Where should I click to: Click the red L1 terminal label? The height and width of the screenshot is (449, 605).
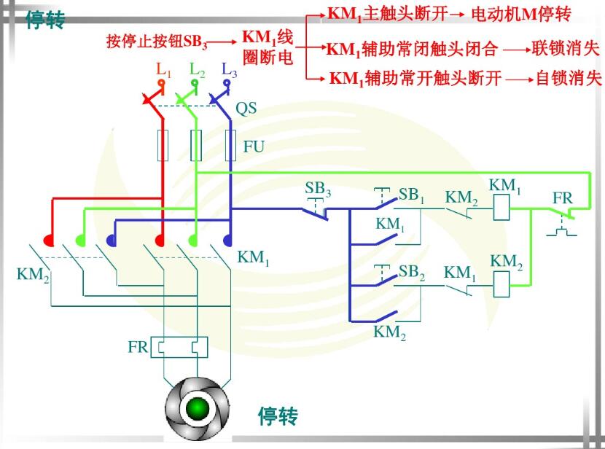pyautogui.click(x=163, y=70)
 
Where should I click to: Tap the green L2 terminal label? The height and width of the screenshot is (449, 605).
pyautogui.click(x=197, y=70)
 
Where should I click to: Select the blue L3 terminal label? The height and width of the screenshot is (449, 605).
pyautogui.click(x=229, y=70)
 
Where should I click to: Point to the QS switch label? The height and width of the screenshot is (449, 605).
pyautogui.click(x=246, y=109)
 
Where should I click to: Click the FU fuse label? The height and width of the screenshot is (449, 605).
pyautogui.click(x=254, y=147)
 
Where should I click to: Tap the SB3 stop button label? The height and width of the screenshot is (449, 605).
pyautogui.click(x=318, y=189)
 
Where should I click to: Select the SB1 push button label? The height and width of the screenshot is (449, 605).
pyautogui.click(x=412, y=195)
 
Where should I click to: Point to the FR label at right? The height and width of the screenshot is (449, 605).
pyautogui.click(x=562, y=198)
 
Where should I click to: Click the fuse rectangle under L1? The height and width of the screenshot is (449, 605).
pyautogui.click(x=163, y=145)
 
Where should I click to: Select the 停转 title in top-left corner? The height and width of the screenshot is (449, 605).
pyautogui.click(x=44, y=20)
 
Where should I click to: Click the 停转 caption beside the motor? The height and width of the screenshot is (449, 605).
pyautogui.click(x=278, y=416)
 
